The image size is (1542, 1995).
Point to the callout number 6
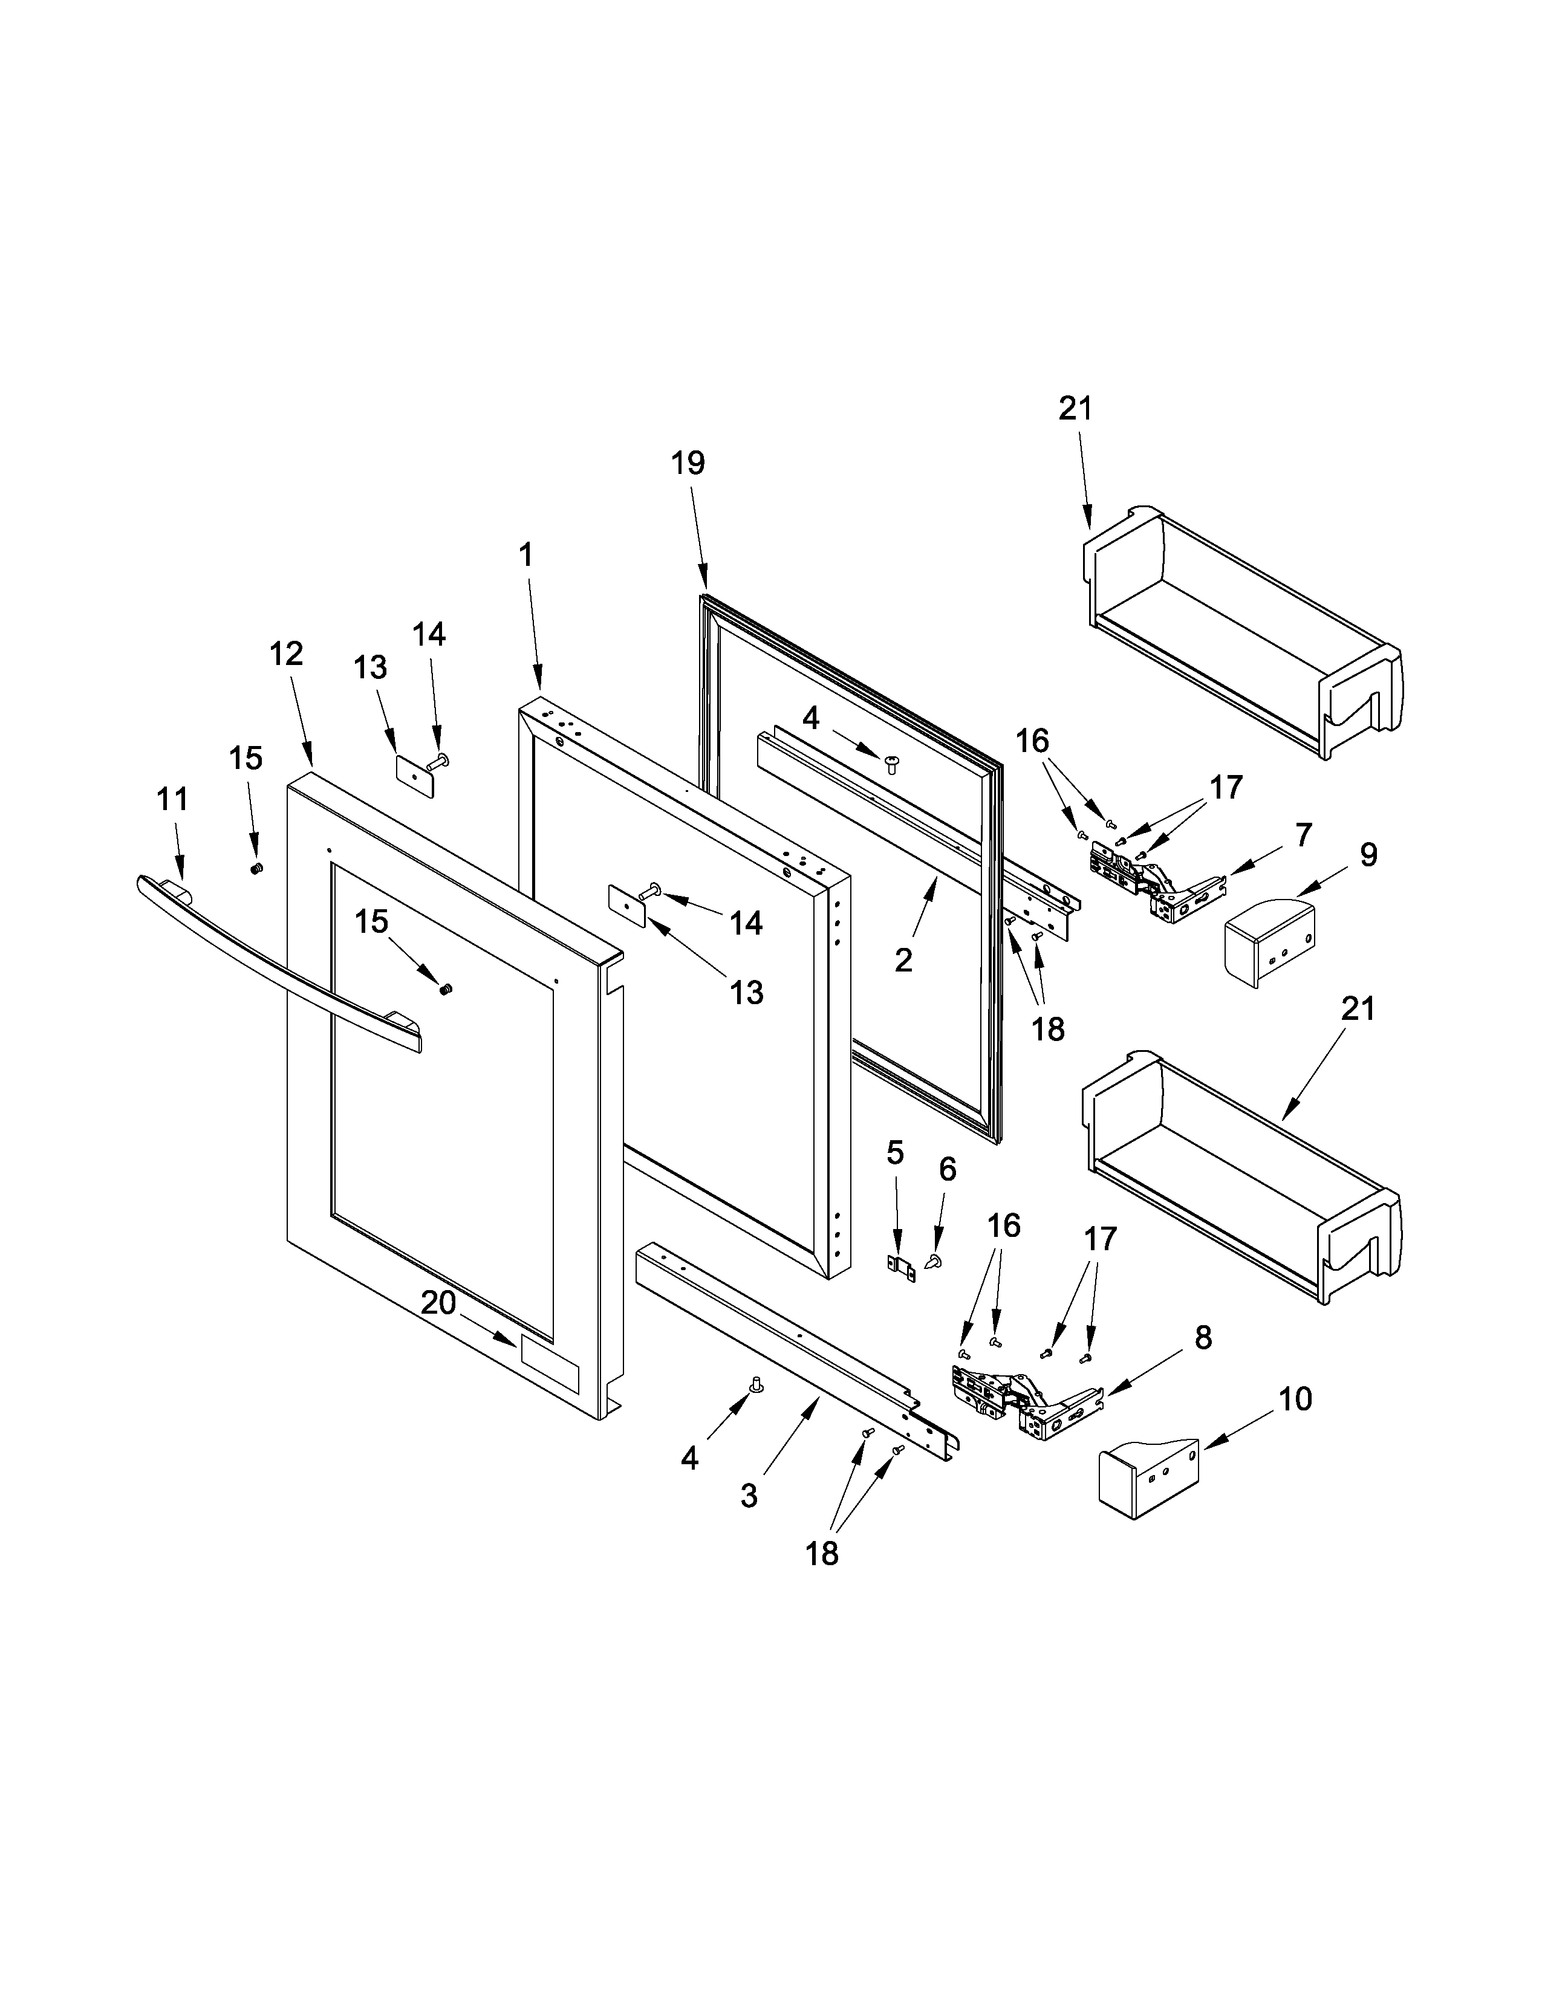tap(948, 1169)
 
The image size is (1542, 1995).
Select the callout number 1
tap(525, 554)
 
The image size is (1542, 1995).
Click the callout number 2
tap(903, 960)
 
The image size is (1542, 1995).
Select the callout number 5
tap(895, 1153)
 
